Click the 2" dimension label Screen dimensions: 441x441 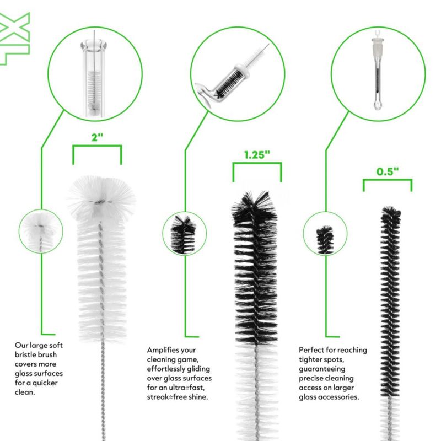pyautogui.click(x=97, y=137)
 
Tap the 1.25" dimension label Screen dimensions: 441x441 pyautogui.click(x=257, y=155)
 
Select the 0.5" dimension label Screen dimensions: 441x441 pyautogui.click(x=388, y=171)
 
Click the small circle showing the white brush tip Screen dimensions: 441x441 pyautogui.click(x=41, y=231)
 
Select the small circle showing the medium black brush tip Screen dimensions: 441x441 pyautogui.click(x=185, y=233)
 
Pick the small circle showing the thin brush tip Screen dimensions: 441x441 pyautogui.click(x=325, y=233)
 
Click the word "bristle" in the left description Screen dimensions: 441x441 pyautogui.click(x=25, y=354)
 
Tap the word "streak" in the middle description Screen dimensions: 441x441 pyautogui.click(x=158, y=397)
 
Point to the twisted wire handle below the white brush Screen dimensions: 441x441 pyautogui.click(x=103, y=391)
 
